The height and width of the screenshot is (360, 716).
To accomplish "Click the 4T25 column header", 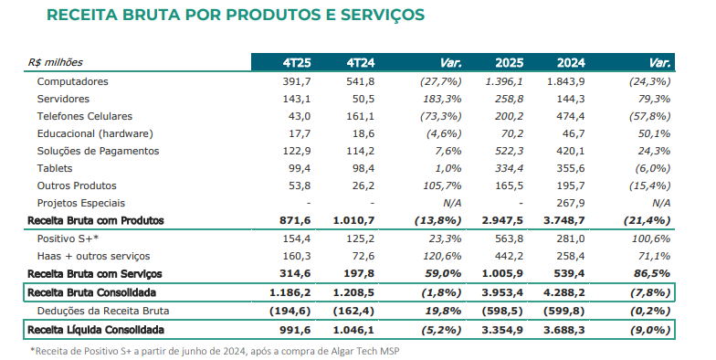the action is coord(297,62).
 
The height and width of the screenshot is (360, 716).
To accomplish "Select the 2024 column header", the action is coord(571,62).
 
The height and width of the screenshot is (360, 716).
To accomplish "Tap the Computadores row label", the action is coord(73,82).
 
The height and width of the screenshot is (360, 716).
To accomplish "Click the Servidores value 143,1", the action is coord(296,99).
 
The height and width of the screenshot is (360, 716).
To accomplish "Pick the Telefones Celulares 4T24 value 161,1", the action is coord(360,117).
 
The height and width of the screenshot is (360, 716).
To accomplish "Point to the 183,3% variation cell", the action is coord(443,99).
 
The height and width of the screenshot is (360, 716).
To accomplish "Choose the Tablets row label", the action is coord(55,168).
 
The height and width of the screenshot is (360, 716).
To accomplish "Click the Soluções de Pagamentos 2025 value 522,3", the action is coord(510,152).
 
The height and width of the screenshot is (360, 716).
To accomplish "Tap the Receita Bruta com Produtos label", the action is coord(96,221).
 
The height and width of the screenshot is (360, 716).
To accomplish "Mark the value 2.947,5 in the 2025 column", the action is coord(502,221).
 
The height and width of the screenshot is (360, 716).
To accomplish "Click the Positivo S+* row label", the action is coord(68,239).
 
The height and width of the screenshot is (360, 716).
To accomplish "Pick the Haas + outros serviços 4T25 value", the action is coord(296,256).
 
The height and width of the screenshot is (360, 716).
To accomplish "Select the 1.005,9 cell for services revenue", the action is coord(502,274).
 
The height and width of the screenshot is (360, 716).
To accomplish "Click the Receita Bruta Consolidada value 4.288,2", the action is coord(564,292).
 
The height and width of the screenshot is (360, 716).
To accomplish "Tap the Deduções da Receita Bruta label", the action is coord(103,311).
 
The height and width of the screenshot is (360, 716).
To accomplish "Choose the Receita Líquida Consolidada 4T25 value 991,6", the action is coord(294,330).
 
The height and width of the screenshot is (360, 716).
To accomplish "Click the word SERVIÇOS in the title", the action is coord(382,15).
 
